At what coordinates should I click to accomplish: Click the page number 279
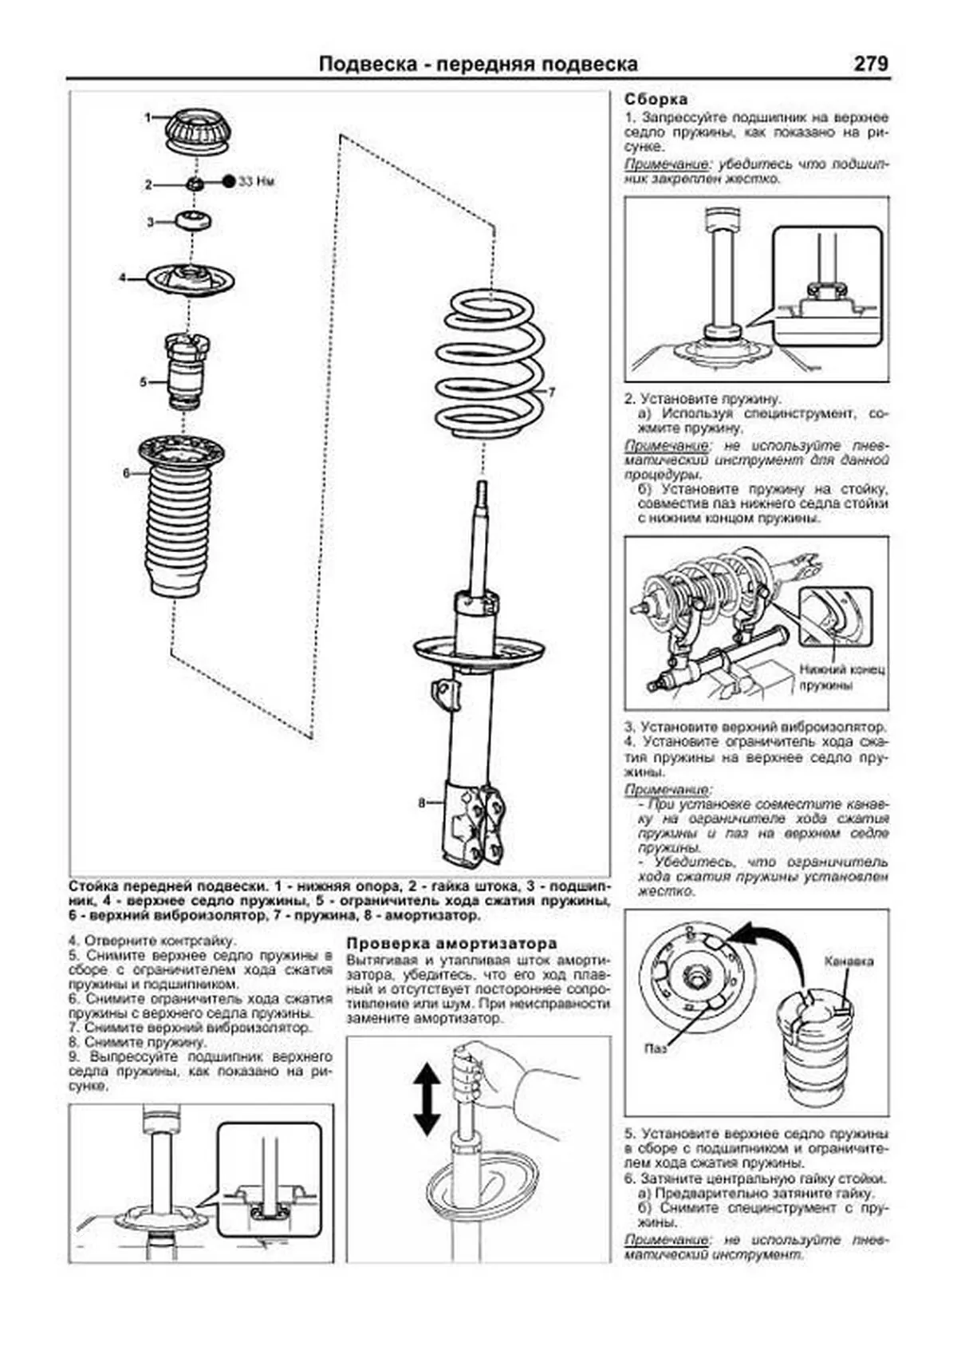(x=870, y=64)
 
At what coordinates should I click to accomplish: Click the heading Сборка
(x=656, y=100)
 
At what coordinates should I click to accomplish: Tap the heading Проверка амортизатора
(x=451, y=943)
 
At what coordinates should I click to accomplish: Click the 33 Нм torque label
(x=257, y=182)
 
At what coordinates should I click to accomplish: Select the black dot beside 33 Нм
(x=229, y=181)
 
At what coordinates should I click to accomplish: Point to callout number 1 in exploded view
(x=148, y=117)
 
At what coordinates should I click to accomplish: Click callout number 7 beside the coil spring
(x=550, y=392)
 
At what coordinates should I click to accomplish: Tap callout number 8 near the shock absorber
(x=422, y=803)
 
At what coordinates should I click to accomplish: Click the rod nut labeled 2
(x=194, y=184)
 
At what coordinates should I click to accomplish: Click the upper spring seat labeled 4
(x=191, y=280)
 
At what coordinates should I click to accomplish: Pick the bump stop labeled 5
(x=186, y=371)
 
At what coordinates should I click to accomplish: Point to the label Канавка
(x=849, y=961)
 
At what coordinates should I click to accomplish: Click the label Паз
(x=656, y=1048)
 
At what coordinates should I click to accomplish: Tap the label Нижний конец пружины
(x=841, y=677)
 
